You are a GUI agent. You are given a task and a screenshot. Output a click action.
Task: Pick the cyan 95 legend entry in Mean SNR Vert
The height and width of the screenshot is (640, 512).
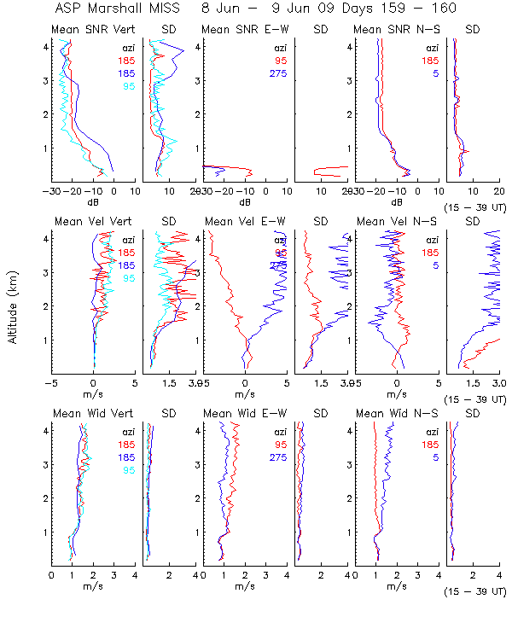(x=128, y=86)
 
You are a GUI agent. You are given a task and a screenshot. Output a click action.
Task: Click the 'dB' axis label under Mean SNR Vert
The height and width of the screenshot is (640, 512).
(x=93, y=202)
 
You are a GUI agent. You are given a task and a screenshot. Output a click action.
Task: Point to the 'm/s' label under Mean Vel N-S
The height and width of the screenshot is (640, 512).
(x=396, y=394)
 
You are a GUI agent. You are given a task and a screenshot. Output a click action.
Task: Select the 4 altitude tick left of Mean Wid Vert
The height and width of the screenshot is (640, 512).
(x=46, y=431)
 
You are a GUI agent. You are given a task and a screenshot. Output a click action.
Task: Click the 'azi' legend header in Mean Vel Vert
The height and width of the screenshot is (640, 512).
(x=128, y=240)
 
